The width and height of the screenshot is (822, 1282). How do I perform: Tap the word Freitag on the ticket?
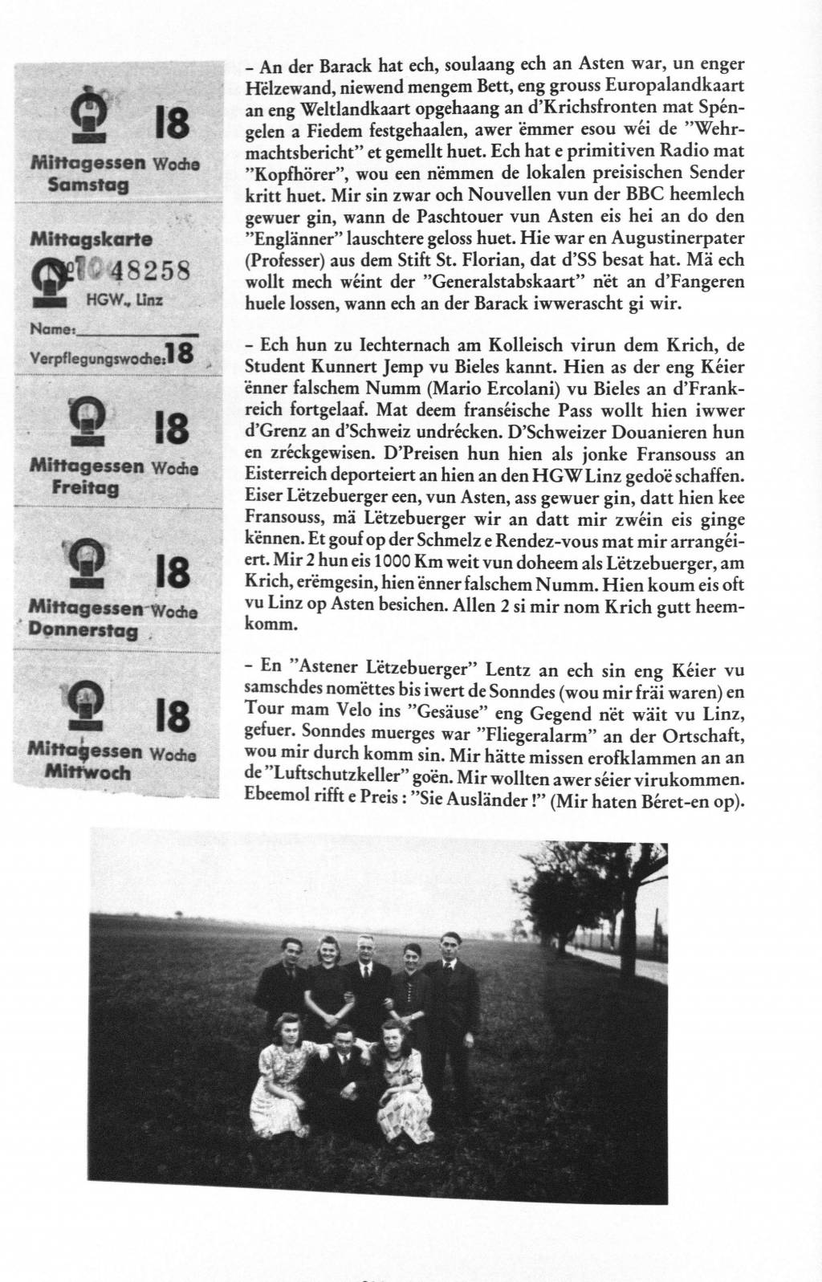point(85,487)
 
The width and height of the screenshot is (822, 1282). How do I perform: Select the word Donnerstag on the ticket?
point(83,630)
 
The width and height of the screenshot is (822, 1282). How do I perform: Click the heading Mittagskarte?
point(91,238)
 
